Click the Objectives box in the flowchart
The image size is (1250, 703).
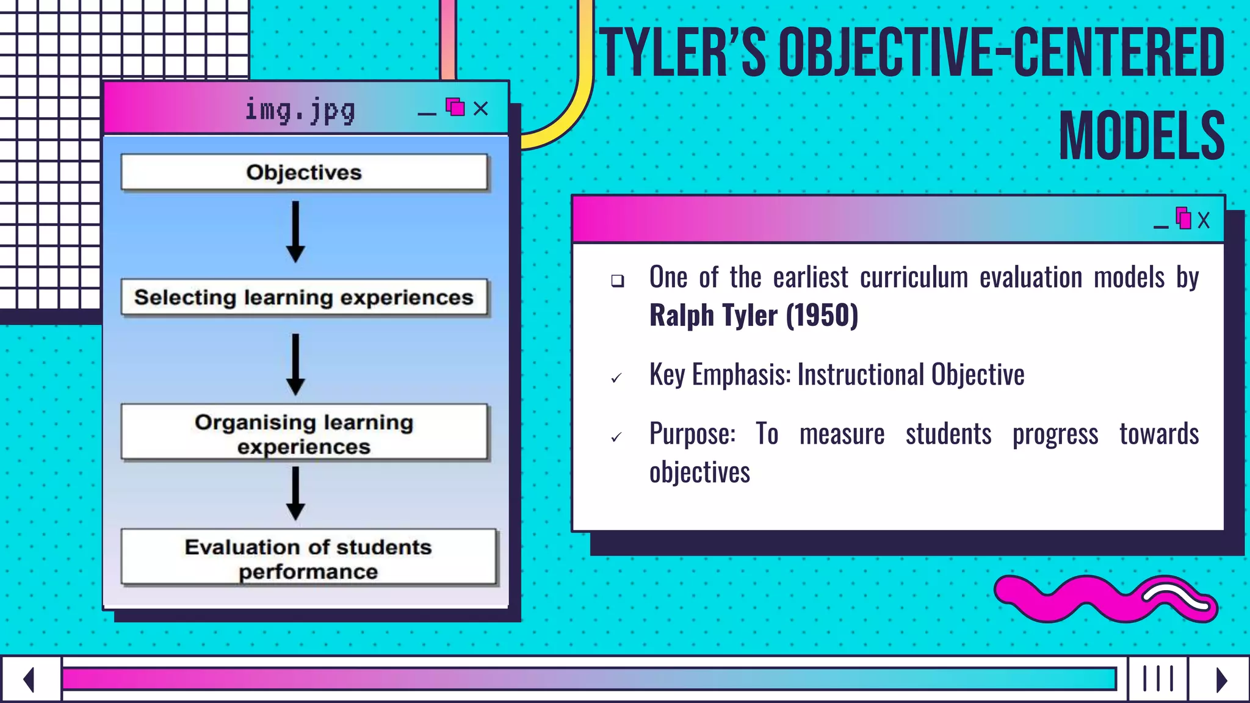(304, 172)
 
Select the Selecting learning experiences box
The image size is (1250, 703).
(304, 297)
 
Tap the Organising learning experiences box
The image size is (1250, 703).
(304, 432)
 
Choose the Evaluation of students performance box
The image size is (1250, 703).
(308, 558)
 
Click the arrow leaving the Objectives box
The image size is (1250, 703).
(295, 232)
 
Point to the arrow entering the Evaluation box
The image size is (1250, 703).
(295, 493)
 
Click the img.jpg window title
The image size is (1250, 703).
(300, 110)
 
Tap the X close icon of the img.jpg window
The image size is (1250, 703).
(481, 109)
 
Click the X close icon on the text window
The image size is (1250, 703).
(1204, 220)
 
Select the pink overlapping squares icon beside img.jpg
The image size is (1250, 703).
(455, 107)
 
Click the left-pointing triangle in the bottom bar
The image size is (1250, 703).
(29, 679)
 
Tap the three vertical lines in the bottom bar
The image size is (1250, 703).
(1158, 679)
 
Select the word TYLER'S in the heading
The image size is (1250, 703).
(682, 54)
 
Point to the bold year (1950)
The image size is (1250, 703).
(822, 315)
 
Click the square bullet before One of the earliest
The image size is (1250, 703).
(618, 281)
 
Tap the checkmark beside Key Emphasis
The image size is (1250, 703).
(616, 378)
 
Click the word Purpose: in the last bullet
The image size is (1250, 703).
(692, 434)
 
